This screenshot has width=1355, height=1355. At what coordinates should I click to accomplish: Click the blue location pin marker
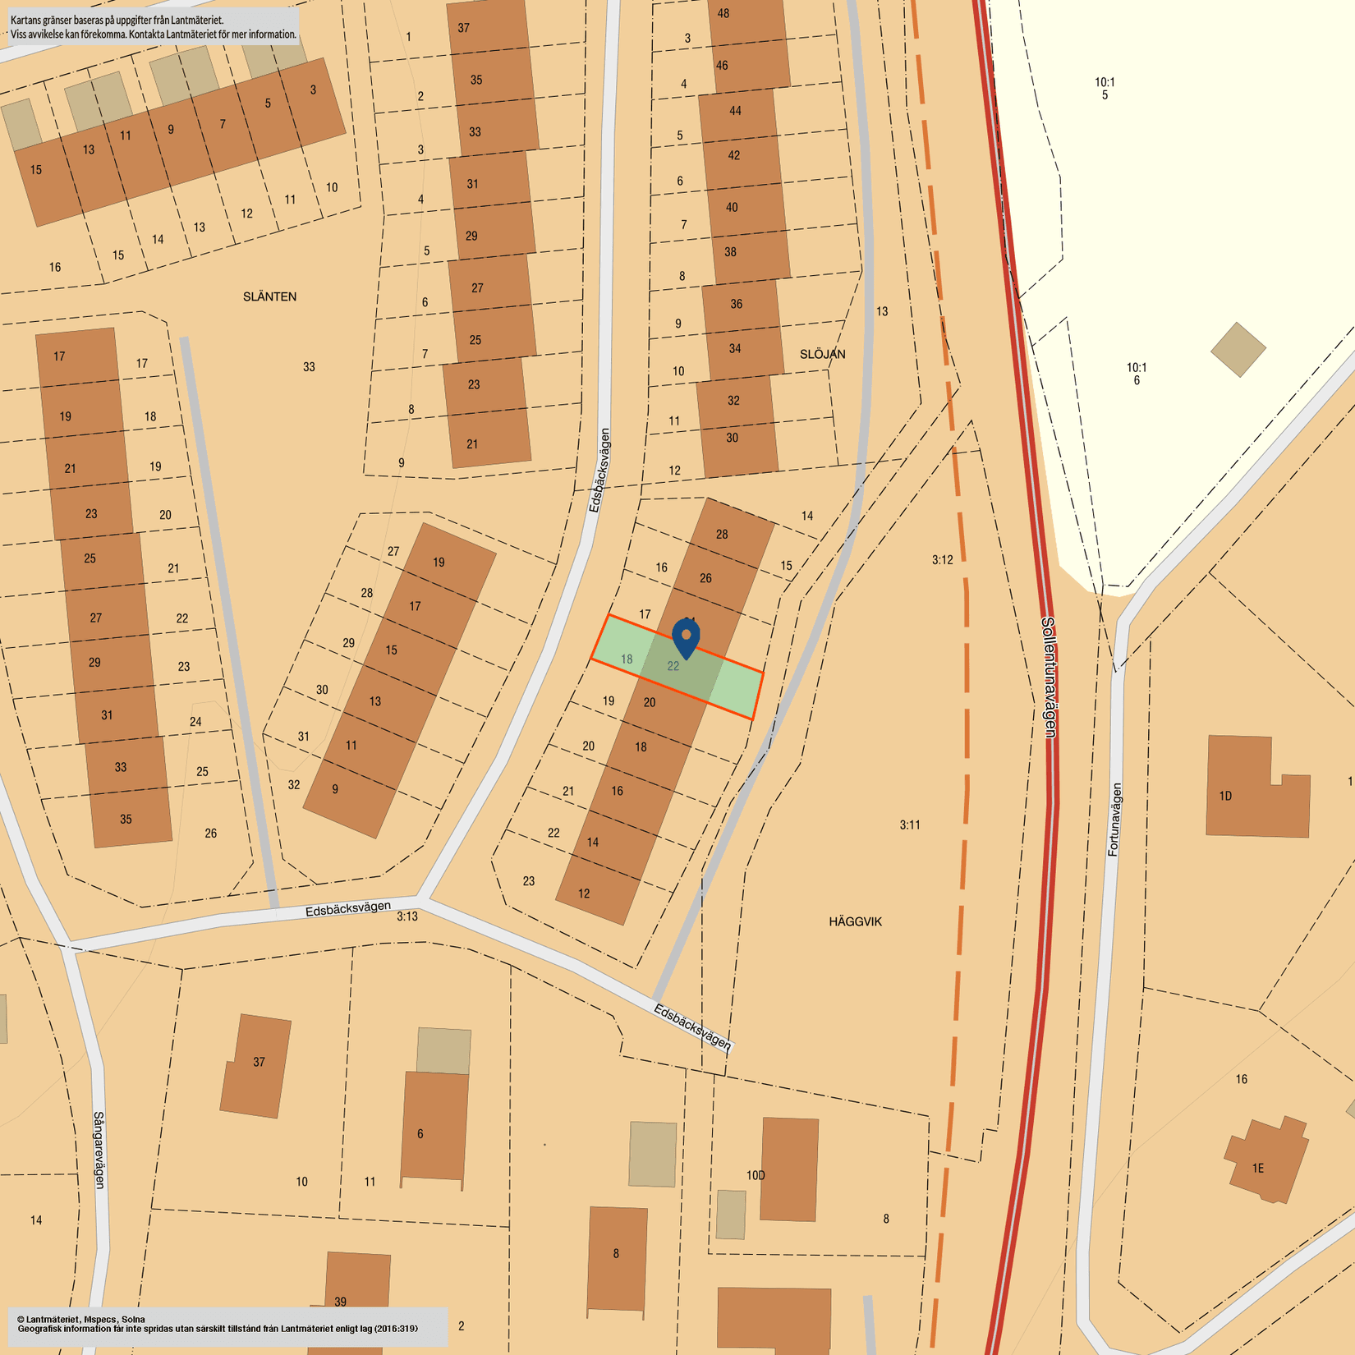(x=686, y=637)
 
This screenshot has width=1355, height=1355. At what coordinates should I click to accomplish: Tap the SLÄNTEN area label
(x=269, y=296)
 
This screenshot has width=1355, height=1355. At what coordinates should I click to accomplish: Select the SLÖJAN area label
(x=822, y=354)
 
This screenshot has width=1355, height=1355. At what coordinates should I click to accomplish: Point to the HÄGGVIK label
(x=855, y=921)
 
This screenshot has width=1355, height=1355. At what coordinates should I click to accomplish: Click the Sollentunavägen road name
(x=1048, y=677)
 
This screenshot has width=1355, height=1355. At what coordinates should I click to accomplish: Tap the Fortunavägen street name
(x=1114, y=820)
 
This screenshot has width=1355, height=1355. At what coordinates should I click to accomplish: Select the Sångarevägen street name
(x=99, y=1150)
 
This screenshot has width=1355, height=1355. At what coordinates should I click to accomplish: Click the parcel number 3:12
(x=942, y=560)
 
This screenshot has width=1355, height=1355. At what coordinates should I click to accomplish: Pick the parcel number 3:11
(x=910, y=824)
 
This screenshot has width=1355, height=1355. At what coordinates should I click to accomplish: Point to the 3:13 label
(x=407, y=916)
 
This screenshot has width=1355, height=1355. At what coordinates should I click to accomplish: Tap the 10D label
(x=756, y=1175)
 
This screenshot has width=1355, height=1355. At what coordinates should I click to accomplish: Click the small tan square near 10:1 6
(x=1238, y=349)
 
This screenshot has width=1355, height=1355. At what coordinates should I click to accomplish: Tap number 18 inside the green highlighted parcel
(x=627, y=659)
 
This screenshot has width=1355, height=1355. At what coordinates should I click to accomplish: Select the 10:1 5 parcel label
(x=1105, y=88)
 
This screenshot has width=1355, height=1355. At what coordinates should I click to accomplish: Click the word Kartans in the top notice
(x=26, y=20)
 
